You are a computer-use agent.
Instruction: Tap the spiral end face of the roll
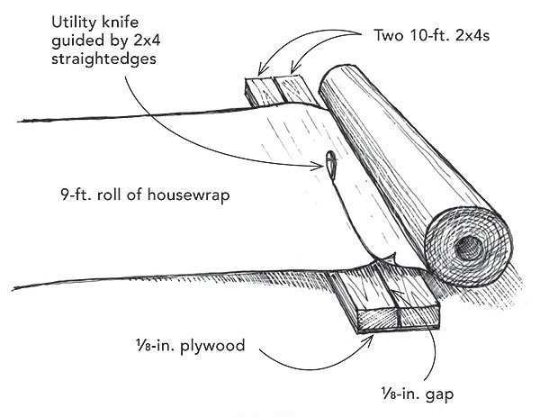pyautogui.click(x=471, y=244)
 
